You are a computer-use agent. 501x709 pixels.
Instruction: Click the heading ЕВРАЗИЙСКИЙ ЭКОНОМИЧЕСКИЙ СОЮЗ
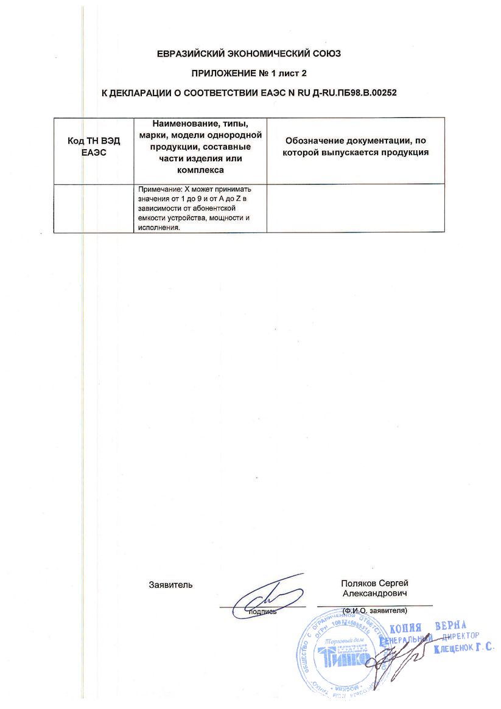point(249,54)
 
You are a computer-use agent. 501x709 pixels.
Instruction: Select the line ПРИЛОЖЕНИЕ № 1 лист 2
point(249,73)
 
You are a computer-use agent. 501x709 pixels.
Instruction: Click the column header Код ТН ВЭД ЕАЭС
point(94,147)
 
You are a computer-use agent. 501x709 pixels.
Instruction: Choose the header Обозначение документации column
point(356,147)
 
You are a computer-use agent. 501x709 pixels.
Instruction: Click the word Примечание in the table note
point(160,190)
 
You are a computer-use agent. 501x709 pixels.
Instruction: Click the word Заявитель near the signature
point(170,585)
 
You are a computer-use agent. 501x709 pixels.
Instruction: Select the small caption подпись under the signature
point(262,611)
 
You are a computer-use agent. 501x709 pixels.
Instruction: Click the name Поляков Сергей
point(375,583)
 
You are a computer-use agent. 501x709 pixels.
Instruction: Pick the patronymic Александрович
point(375,592)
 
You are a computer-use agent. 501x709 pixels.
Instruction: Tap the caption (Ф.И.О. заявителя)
point(375,610)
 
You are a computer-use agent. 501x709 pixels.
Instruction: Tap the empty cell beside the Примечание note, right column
point(356,208)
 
